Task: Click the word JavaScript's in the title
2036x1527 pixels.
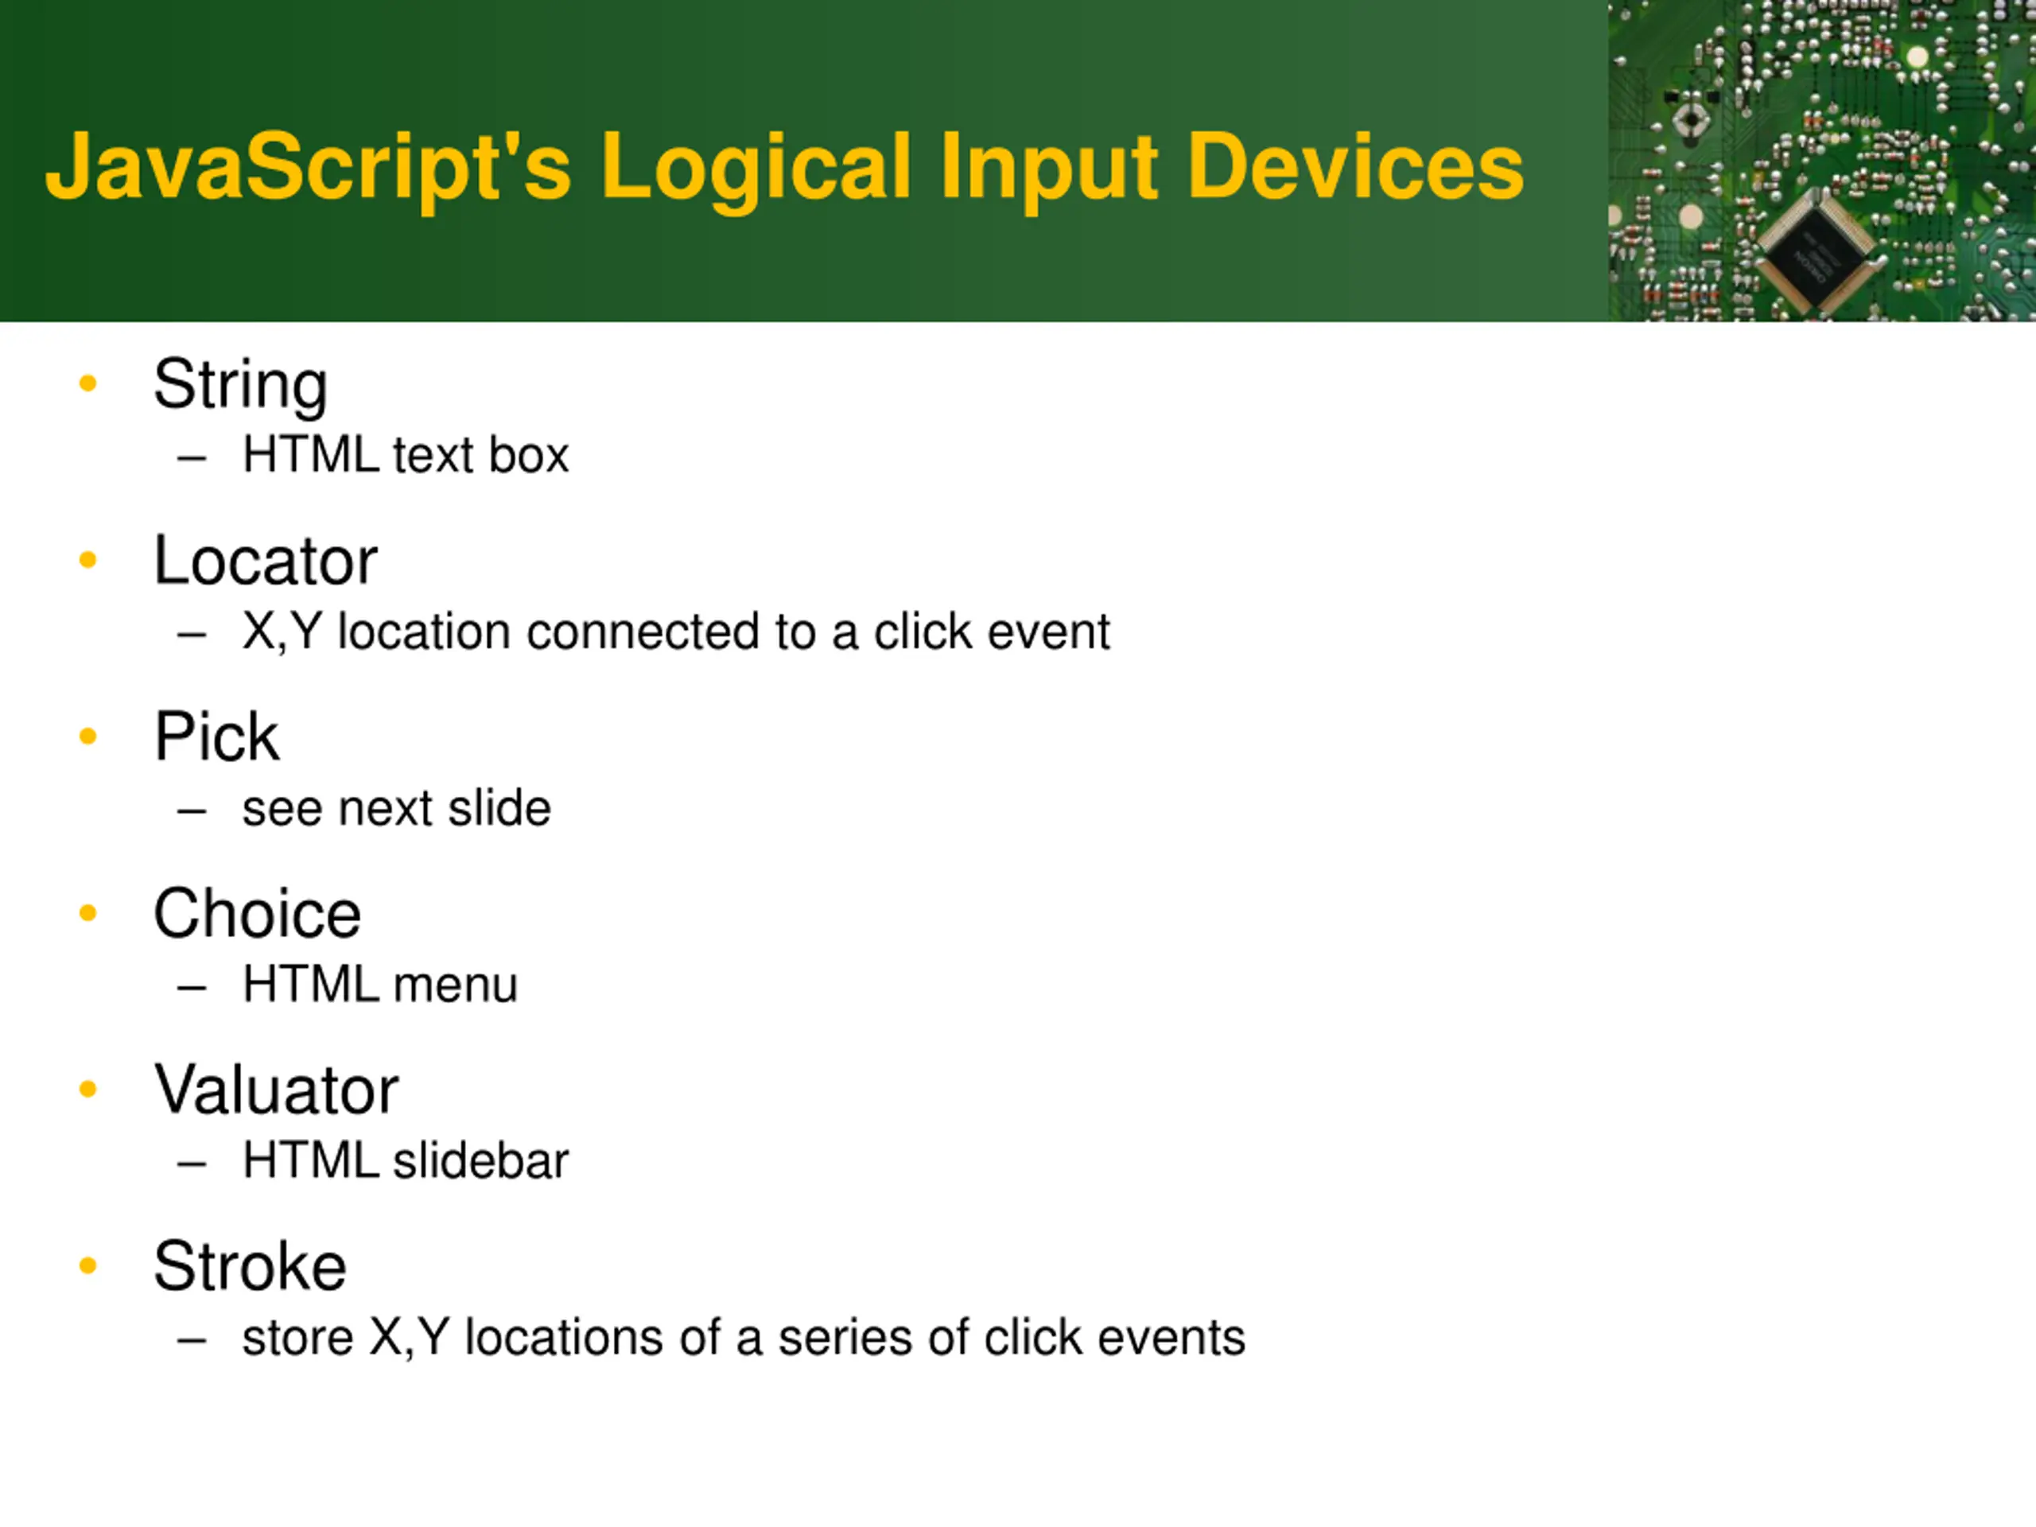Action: pyautogui.click(x=309, y=168)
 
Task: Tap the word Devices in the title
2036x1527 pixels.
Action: pyautogui.click(x=1355, y=168)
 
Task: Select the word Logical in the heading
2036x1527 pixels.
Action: pyautogui.click(x=756, y=168)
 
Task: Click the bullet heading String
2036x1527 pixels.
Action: pyautogui.click(x=240, y=385)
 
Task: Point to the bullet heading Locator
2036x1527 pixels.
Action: pyautogui.click(x=265, y=561)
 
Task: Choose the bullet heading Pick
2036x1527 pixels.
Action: pyautogui.click(x=216, y=737)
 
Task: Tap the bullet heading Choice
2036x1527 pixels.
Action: pyautogui.click(x=257, y=914)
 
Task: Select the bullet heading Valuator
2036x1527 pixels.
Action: pyautogui.click(x=276, y=1090)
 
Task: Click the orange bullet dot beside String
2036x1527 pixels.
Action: pyautogui.click(x=88, y=383)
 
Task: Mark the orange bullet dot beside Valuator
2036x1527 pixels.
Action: pyautogui.click(x=88, y=1089)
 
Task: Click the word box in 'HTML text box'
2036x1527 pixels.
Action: pyautogui.click(x=529, y=456)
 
